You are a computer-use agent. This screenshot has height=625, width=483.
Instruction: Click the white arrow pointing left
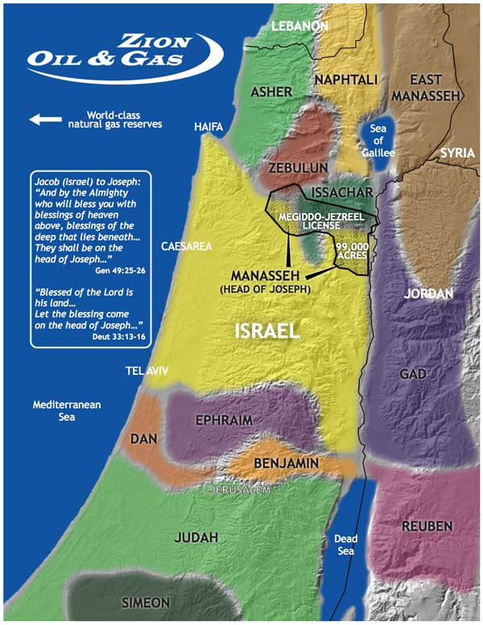pos(45,120)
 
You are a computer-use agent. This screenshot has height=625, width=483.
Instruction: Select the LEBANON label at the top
pos(300,27)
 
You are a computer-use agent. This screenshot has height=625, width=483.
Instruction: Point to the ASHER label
pos(271,92)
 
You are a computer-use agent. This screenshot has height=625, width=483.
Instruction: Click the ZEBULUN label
pos(299,167)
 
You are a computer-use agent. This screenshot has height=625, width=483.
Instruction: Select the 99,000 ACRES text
pos(352,249)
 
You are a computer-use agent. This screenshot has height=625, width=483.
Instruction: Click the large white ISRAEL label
pos(267,330)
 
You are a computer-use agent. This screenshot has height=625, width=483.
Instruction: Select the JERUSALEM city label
pos(241,489)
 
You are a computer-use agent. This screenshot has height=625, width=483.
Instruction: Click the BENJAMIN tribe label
pos(287,464)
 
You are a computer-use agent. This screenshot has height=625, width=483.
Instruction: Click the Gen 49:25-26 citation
pos(118,272)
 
